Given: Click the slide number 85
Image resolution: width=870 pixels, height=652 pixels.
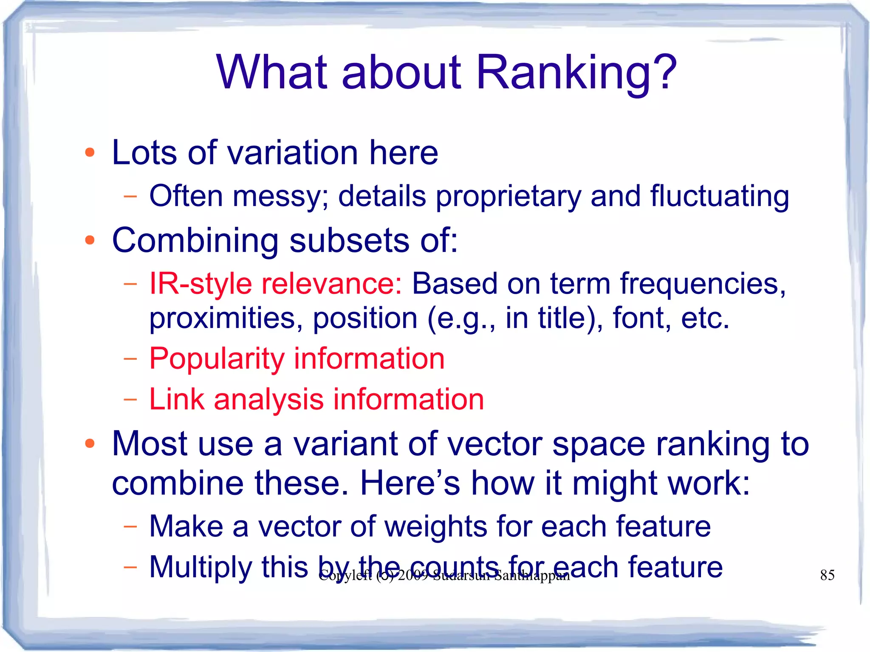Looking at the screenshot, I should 827,575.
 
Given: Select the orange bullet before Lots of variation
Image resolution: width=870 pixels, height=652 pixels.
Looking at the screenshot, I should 90,152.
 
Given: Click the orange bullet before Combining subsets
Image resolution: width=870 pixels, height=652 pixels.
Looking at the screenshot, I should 90,240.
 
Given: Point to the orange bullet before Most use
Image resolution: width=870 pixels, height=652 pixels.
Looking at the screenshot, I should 90,444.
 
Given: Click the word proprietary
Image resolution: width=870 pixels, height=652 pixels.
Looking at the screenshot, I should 508,197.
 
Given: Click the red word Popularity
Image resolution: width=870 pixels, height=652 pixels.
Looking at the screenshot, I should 217,359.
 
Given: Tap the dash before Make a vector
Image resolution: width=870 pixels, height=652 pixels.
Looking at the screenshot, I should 130,527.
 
